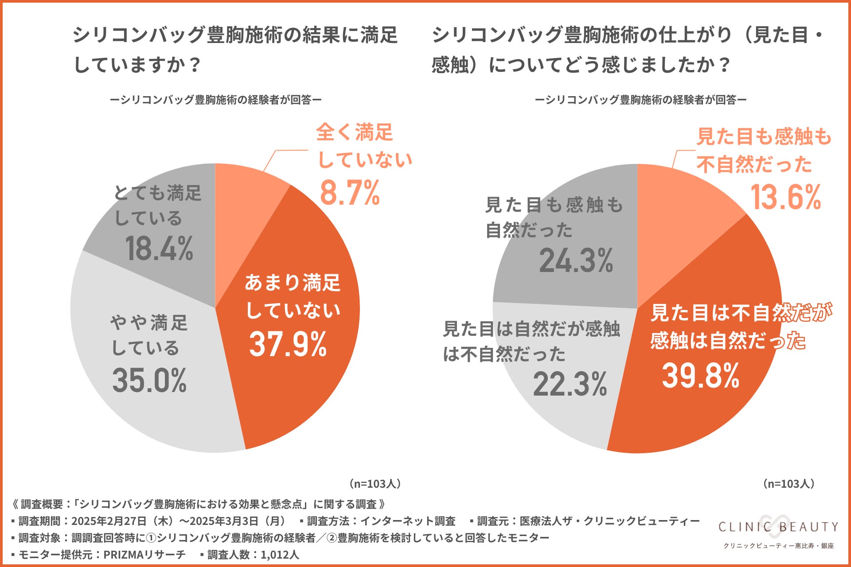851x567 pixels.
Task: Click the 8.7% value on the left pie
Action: (x=350, y=193)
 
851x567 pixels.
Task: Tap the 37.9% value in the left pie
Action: (x=288, y=344)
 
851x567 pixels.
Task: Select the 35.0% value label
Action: (x=149, y=381)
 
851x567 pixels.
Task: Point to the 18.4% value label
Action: (x=159, y=249)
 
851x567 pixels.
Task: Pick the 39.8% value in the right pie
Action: (x=700, y=376)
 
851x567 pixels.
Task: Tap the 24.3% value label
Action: (x=576, y=260)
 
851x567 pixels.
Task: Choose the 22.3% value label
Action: (x=570, y=384)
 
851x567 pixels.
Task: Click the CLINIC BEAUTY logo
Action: (x=778, y=527)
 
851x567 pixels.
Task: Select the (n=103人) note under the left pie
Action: (x=375, y=484)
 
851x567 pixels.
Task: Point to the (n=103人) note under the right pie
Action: (x=789, y=484)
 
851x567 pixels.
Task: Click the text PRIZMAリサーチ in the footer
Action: (x=144, y=555)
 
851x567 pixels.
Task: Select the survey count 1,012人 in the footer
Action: (x=280, y=555)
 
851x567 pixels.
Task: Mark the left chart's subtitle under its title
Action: (x=215, y=100)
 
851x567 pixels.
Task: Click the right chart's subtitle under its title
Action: (x=640, y=100)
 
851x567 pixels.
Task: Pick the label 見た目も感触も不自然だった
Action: (x=763, y=150)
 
